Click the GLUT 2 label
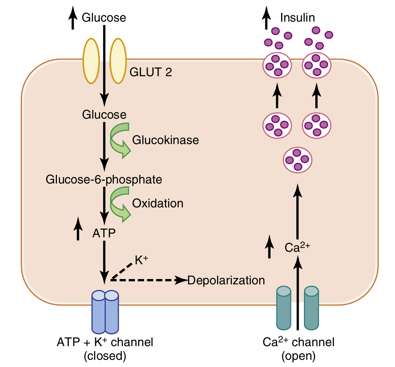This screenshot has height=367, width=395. pos(151,72)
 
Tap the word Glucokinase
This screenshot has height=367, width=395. pos(165,140)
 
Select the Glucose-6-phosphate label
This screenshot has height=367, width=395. pos(104,179)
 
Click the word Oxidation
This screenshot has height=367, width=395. pos(157,204)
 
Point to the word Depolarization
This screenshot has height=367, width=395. pos(226,281)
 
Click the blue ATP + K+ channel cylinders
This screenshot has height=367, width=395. pos(105,311)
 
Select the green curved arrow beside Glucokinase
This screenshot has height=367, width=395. pos(120,140)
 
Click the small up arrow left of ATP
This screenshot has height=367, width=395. pos(78,229)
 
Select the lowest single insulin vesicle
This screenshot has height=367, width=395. pos(298,160)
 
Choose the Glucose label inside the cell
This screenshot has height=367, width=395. pos(104,114)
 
